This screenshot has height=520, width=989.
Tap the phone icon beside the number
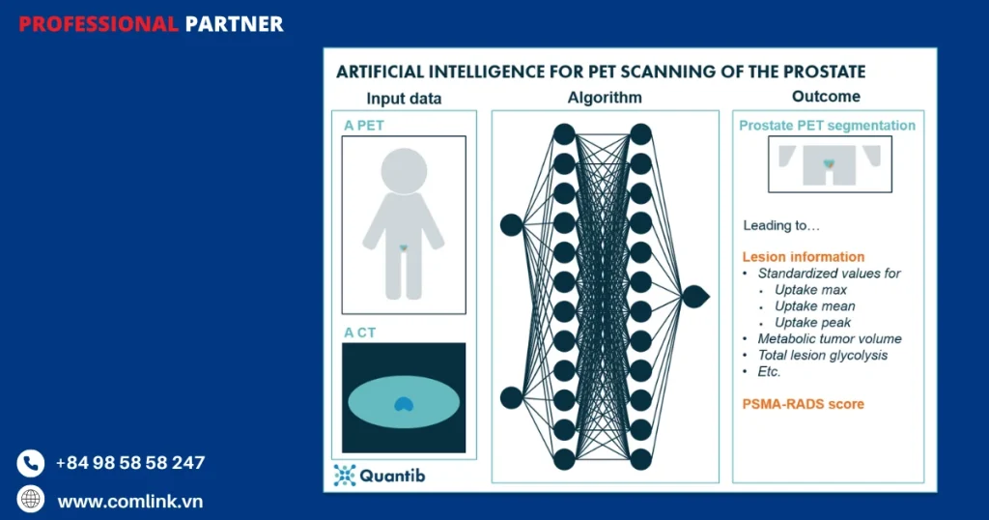pos(31,464)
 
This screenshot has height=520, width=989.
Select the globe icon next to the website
pos(31,499)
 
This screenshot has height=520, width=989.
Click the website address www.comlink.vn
pos(129,501)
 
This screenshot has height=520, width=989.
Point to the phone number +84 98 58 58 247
pos(130,463)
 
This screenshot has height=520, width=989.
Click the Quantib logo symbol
pos(345,475)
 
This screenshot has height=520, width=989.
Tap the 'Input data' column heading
pos(404,99)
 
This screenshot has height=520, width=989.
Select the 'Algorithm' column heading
pos(605,98)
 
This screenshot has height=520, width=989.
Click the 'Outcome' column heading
pos(826,97)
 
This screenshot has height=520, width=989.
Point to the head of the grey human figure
pos(404,171)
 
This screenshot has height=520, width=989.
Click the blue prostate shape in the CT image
pos(405,405)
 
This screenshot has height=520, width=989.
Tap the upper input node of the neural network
pos(511,225)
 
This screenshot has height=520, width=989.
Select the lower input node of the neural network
pos(511,397)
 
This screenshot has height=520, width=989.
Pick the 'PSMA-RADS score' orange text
pos(803,404)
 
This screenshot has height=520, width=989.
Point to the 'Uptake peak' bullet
pos(812,323)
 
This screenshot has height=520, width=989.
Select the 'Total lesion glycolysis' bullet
pos(822,356)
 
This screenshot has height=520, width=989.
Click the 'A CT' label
pos(360,332)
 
